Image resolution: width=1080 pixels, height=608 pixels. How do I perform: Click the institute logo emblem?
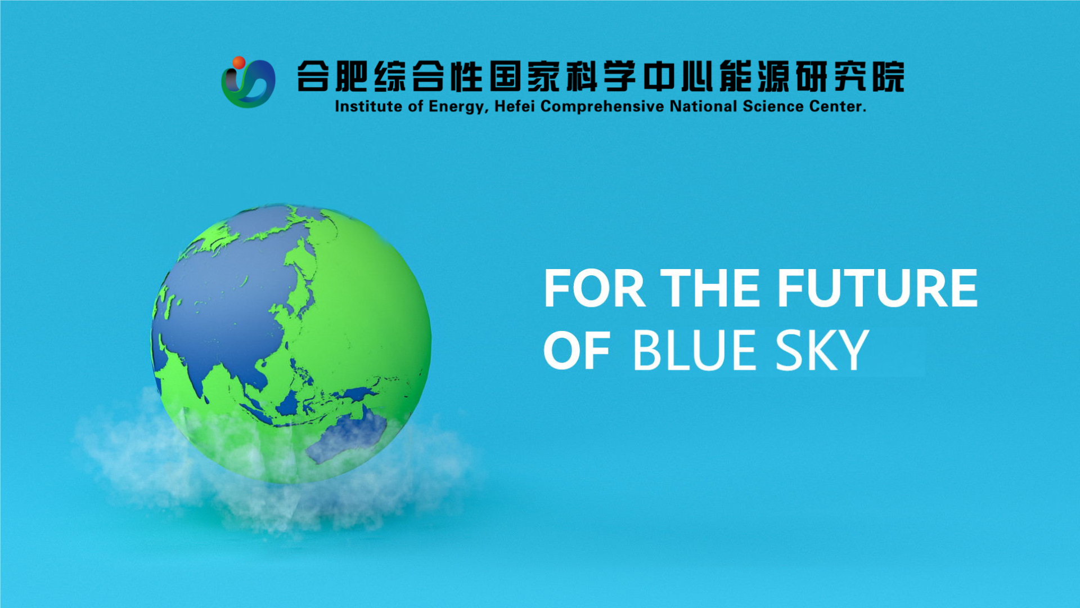pos(248,82)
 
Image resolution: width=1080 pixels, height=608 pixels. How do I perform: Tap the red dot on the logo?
pos(238,62)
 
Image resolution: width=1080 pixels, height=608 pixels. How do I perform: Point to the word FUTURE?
pos(877,288)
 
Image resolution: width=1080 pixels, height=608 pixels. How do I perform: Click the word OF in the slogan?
pos(577,350)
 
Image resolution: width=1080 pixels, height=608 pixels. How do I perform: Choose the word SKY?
pos(822,350)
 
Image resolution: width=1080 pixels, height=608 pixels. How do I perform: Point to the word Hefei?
pos(515,106)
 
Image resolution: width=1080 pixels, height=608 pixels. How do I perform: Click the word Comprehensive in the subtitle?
pos(602,107)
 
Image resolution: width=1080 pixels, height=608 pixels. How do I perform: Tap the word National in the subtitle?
pos(703,106)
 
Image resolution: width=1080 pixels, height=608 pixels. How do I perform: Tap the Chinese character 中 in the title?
pos(658,76)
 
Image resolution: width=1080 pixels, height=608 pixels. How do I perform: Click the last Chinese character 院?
pos(889,76)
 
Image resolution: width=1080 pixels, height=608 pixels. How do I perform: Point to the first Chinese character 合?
pos(313,76)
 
